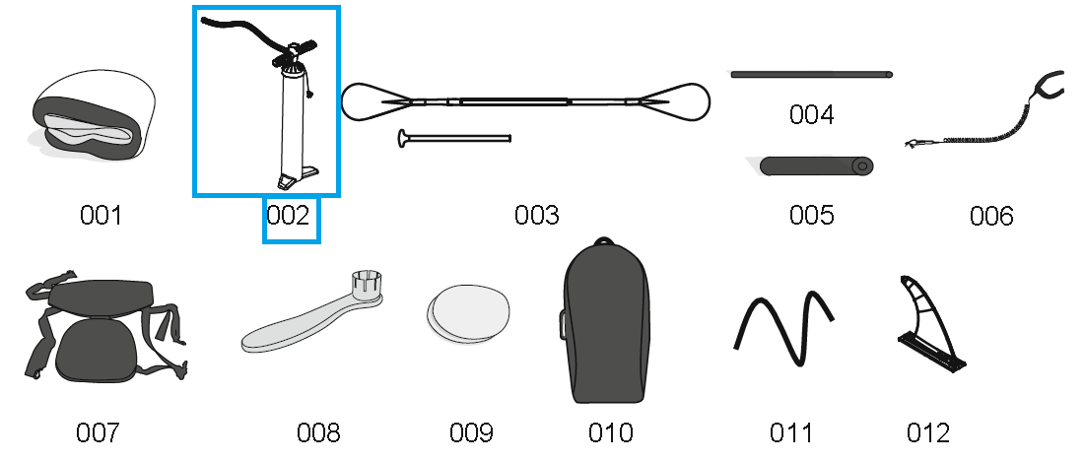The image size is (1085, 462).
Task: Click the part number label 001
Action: [101, 216]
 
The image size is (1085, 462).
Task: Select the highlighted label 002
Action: [289, 216]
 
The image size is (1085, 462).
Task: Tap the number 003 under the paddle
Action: [537, 216]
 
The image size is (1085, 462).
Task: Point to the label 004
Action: [812, 115]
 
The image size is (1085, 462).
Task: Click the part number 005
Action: [812, 215]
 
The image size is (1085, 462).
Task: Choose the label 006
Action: [991, 216]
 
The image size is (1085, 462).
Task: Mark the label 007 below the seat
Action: [98, 432]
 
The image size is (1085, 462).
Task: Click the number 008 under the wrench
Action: [318, 432]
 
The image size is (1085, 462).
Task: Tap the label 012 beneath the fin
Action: [928, 432]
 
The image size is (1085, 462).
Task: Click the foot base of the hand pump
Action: [297, 177]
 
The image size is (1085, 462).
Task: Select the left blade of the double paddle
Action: [373, 100]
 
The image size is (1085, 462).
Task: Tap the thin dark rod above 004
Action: [811, 74]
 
